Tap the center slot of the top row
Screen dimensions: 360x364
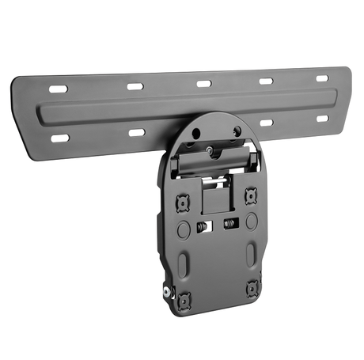pyautogui.click(x=203, y=83)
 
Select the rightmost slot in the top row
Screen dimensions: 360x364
pyautogui.click(x=322, y=78)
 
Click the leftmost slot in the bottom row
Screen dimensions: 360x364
pyautogui.click(x=60, y=138)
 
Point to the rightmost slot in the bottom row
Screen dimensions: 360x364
pyautogui.click(x=322, y=119)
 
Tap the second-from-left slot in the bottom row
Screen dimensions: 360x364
pyautogui.click(x=136, y=132)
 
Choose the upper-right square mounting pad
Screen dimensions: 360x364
pyautogui.click(x=251, y=194)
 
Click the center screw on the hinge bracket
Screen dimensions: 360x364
pyautogui.click(x=210, y=148)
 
